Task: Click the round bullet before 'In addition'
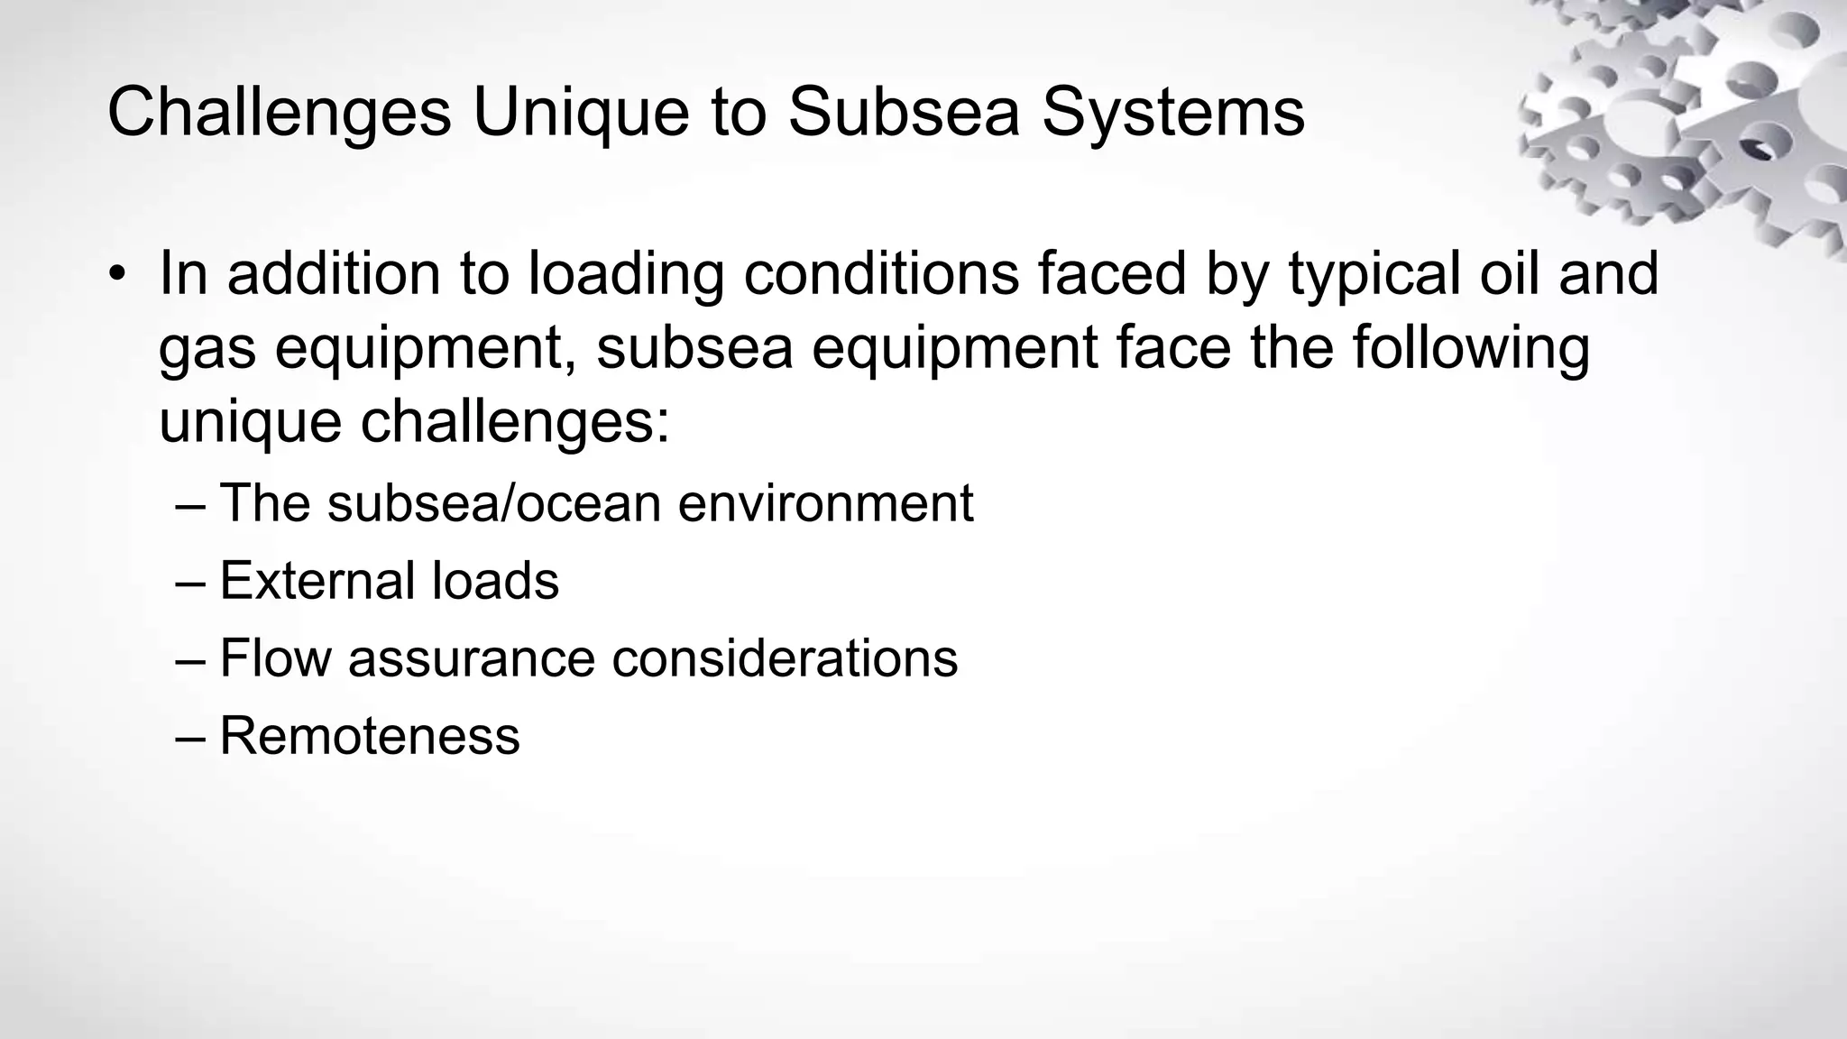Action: pos(116,274)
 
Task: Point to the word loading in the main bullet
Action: pos(626,274)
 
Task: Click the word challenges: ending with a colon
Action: pos(516,422)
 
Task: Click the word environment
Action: pos(825,502)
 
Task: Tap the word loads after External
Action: pos(495,580)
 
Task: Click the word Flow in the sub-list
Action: pos(275,657)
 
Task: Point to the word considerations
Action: pos(785,657)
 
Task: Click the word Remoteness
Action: pos(370,735)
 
